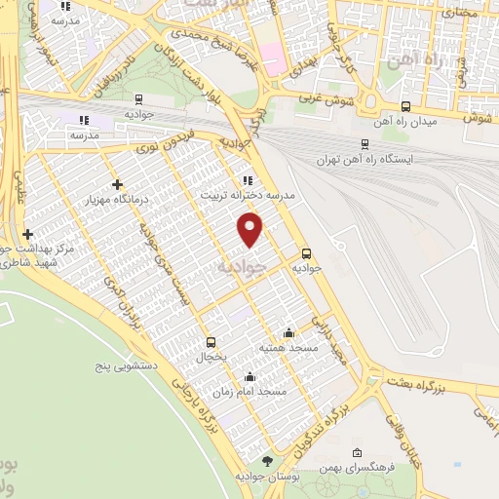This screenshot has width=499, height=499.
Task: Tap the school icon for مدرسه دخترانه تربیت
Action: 248,179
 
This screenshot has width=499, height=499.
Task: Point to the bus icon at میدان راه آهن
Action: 405,107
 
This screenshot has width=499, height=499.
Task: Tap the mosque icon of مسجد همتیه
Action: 287,331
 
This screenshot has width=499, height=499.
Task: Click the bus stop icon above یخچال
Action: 211,342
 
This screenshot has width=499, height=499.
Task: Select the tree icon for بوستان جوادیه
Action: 268,461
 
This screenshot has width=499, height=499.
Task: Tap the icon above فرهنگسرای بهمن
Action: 358,452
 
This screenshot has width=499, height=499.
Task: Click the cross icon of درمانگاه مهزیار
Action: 117,183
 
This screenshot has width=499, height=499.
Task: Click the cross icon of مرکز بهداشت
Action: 27,234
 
